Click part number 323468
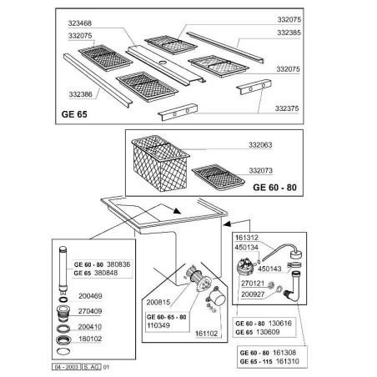click(x=80, y=23)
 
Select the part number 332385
click(x=289, y=33)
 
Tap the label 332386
click(x=81, y=94)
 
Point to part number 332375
click(x=287, y=108)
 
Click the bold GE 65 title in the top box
click(x=74, y=114)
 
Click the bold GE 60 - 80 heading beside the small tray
click(x=274, y=188)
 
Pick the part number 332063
click(x=260, y=145)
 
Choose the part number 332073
click(x=261, y=170)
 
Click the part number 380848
click(x=106, y=273)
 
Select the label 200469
click(x=90, y=296)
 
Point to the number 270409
click(x=90, y=311)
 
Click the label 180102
click(x=90, y=339)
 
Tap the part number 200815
click(x=158, y=303)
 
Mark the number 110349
click(x=158, y=325)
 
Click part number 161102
click(x=206, y=334)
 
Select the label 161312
click(x=247, y=238)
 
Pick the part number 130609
click(x=268, y=332)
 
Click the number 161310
click(x=288, y=361)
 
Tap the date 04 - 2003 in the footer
click(x=66, y=367)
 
